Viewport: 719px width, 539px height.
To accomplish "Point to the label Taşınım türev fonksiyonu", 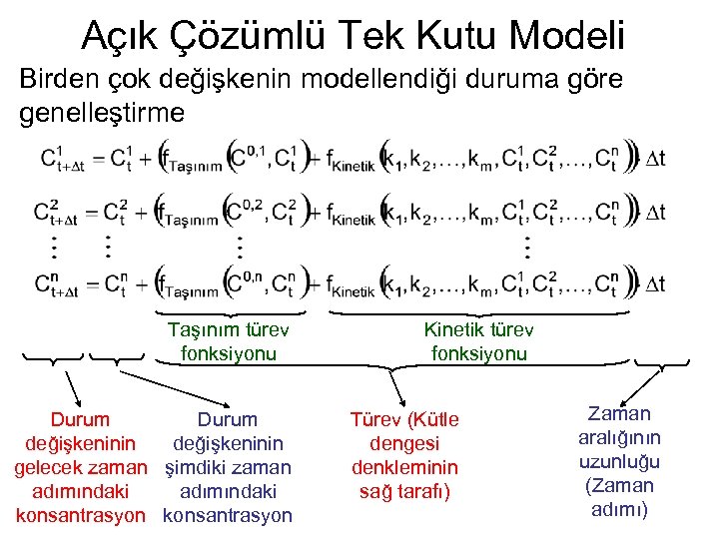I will click(228, 340).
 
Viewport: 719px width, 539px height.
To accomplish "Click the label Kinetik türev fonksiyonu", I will click(479, 340).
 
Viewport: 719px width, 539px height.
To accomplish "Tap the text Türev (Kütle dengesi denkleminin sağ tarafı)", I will click(403, 455).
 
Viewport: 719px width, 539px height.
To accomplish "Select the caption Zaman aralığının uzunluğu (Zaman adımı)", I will click(620, 461).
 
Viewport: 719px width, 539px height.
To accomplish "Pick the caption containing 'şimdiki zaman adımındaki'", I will click(228, 467).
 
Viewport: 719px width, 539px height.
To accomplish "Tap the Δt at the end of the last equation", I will click(651, 285).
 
